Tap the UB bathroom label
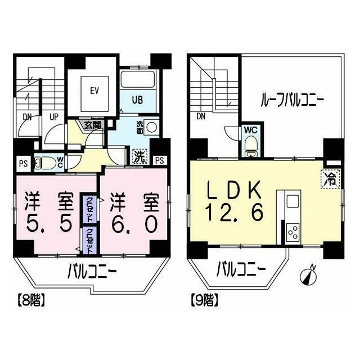click(137, 100)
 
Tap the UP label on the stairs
click(54, 117)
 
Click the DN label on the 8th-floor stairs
click(28, 117)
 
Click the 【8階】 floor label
click(29, 300)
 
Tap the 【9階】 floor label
click(204, 300)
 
